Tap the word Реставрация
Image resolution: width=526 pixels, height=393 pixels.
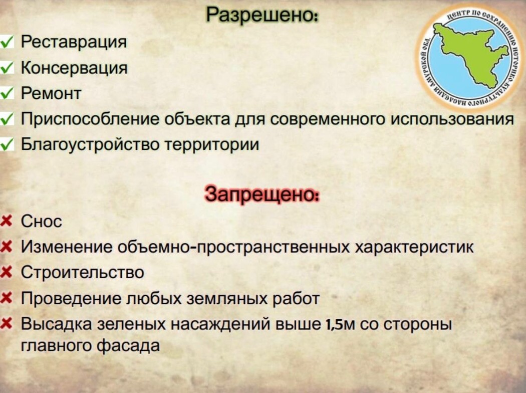pyautogui.click(x=74, y=42)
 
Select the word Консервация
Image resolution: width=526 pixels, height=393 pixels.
pyautogui.click(x=74, y=68)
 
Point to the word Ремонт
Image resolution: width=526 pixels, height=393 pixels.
pyautogui.click(x=51, y=93)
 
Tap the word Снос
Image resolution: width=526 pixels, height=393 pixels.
pyautogui.click(x=42, y=222)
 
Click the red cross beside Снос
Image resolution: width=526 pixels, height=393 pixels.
pyautogui.click(x=7, y=222)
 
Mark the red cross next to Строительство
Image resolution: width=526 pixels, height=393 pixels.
pyautogui.click(x=7, y=272)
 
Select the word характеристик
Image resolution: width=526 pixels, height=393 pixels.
pyautogui.click(x=414, y=247)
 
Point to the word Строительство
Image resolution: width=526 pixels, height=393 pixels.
pyautogui.click(x=83, y=272)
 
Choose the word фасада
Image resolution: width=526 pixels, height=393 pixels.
pyautogui.click(x=128, y=345)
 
